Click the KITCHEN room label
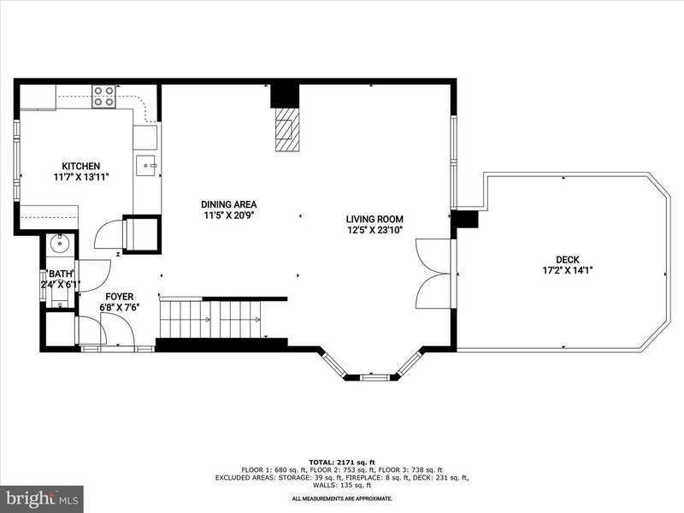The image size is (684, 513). click(x=80, y=166)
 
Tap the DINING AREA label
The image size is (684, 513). click(x=228, y=204)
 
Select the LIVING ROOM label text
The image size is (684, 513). click(x=374, y=220)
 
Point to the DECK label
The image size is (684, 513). click(x=568, y=260)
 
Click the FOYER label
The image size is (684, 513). click(x=119, y=297)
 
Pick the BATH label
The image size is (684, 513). click(x=61, y=274)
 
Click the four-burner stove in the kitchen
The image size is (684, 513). click(x=103, y=97)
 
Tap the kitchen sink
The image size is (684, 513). click(x=146, y=166)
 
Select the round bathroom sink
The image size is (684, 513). click(x=58, y=244)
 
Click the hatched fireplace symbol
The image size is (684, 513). click(x=287, y=130)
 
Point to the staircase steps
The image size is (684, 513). click(x=210, y=318)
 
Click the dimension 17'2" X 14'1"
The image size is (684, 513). click(x=568, y=270)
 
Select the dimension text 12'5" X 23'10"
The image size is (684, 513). click(x=374, y=230)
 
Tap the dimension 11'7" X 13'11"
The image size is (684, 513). click(x=80, y=177)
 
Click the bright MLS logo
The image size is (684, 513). click(x=42, y=498)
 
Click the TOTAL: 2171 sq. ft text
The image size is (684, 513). click(x=342, y=462)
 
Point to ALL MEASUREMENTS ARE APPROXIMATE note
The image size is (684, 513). click(x=342, y=498)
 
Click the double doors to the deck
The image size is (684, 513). click(x=433, y=274)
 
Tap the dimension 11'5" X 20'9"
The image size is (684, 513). click(x=228, y=215)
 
